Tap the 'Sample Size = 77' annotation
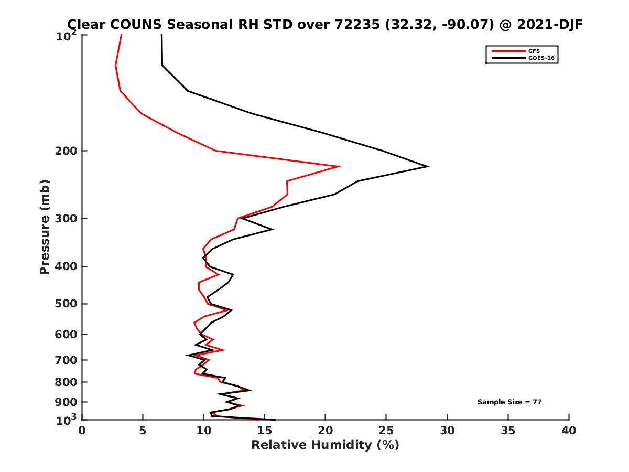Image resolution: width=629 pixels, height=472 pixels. click(509, 402)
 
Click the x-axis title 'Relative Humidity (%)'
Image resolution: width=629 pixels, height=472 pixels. click(325, 445)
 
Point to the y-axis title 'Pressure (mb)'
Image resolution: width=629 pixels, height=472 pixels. click(45, 227)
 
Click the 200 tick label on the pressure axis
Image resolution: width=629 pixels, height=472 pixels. click(66, 151)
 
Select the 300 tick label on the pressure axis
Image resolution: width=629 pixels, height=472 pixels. click(66, 218)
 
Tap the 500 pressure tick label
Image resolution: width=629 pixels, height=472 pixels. click(66, 304)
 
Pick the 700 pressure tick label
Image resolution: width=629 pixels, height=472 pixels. click(66, 360)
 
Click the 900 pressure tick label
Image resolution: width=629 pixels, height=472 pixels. click(66, 402)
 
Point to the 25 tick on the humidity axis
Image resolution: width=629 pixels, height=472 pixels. click(386, 431)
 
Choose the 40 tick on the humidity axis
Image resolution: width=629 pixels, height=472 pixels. click(569, 431)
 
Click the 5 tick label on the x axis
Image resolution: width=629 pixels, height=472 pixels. click(143, 431)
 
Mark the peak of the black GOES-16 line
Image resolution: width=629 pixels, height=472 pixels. click(428, 167)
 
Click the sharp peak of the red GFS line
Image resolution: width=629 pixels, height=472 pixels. click(340, 167)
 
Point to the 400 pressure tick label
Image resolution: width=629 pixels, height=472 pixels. click(66, 266)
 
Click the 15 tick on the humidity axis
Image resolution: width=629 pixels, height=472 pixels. click(265, 431)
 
